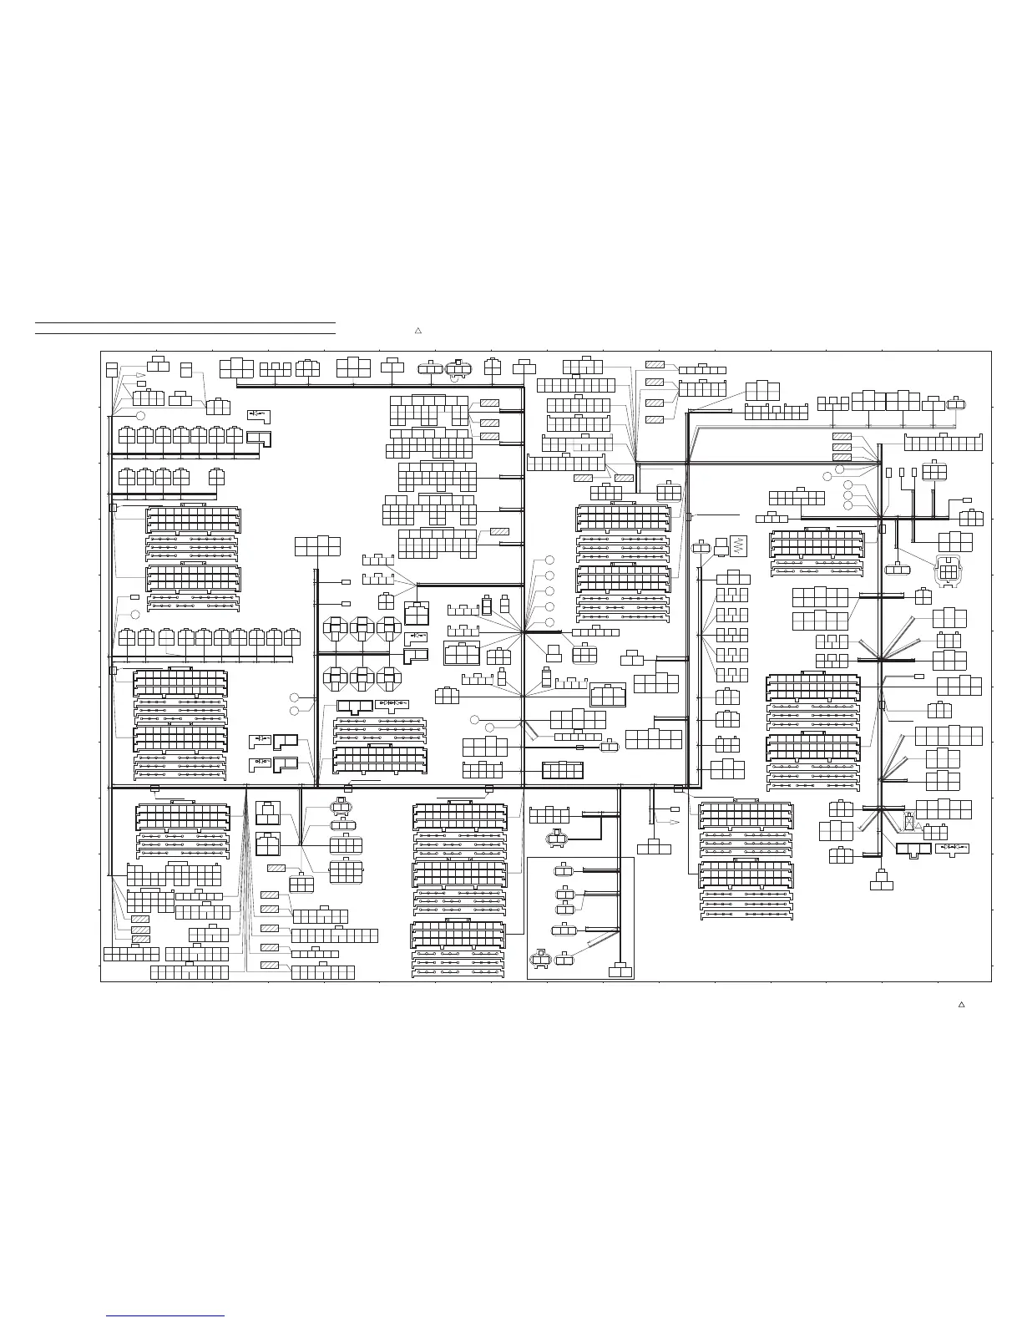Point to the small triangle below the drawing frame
(961, 1004)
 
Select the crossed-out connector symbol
(908, 822)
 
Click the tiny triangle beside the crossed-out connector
(918, 826)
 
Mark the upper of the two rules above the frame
(185, 322)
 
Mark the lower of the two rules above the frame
(185, 333)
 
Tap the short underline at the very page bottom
(166, 1315)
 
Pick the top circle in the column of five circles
(549, 560)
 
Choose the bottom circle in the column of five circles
(549, 623)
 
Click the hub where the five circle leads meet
(524, 632)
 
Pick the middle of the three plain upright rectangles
(902, 473)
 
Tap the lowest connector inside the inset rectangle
(620, 971)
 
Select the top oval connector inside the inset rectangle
(564, 871)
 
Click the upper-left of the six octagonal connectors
(335, 627)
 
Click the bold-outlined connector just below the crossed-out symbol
(913, 849)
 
